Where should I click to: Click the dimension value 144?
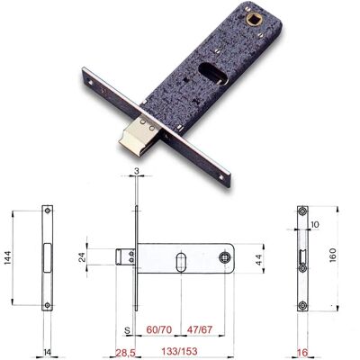[x=9, y=257]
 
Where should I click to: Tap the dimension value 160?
[x=333, y=256]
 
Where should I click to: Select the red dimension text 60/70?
[x=159, y=329]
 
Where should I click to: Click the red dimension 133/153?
[x=179, y=350]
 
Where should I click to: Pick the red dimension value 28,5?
[x=125, y=351]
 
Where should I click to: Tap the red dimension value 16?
[x=303, y=352]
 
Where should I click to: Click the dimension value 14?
[x=48, y=352]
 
